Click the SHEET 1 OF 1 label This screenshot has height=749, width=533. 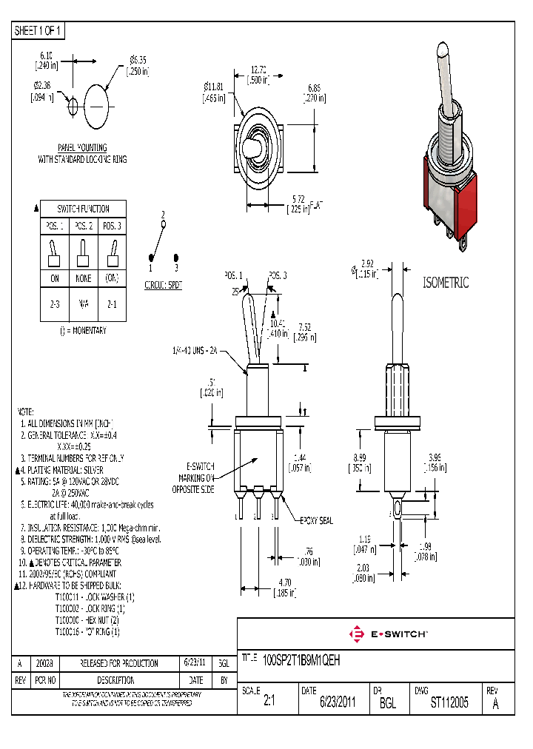tap(38, 30)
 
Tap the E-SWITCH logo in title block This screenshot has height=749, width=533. tap(388, 634)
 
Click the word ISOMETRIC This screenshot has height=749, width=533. tap(446, 283)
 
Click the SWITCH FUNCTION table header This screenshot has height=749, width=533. tap(84, 209)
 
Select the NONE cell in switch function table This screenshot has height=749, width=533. tap(83, 278)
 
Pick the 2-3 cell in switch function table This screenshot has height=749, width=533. tap(54, 303)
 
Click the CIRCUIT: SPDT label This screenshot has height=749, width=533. tap(164, 283)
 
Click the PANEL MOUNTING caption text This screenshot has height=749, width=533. tap(82, 148)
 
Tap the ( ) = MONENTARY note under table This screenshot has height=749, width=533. tap(83, 330)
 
